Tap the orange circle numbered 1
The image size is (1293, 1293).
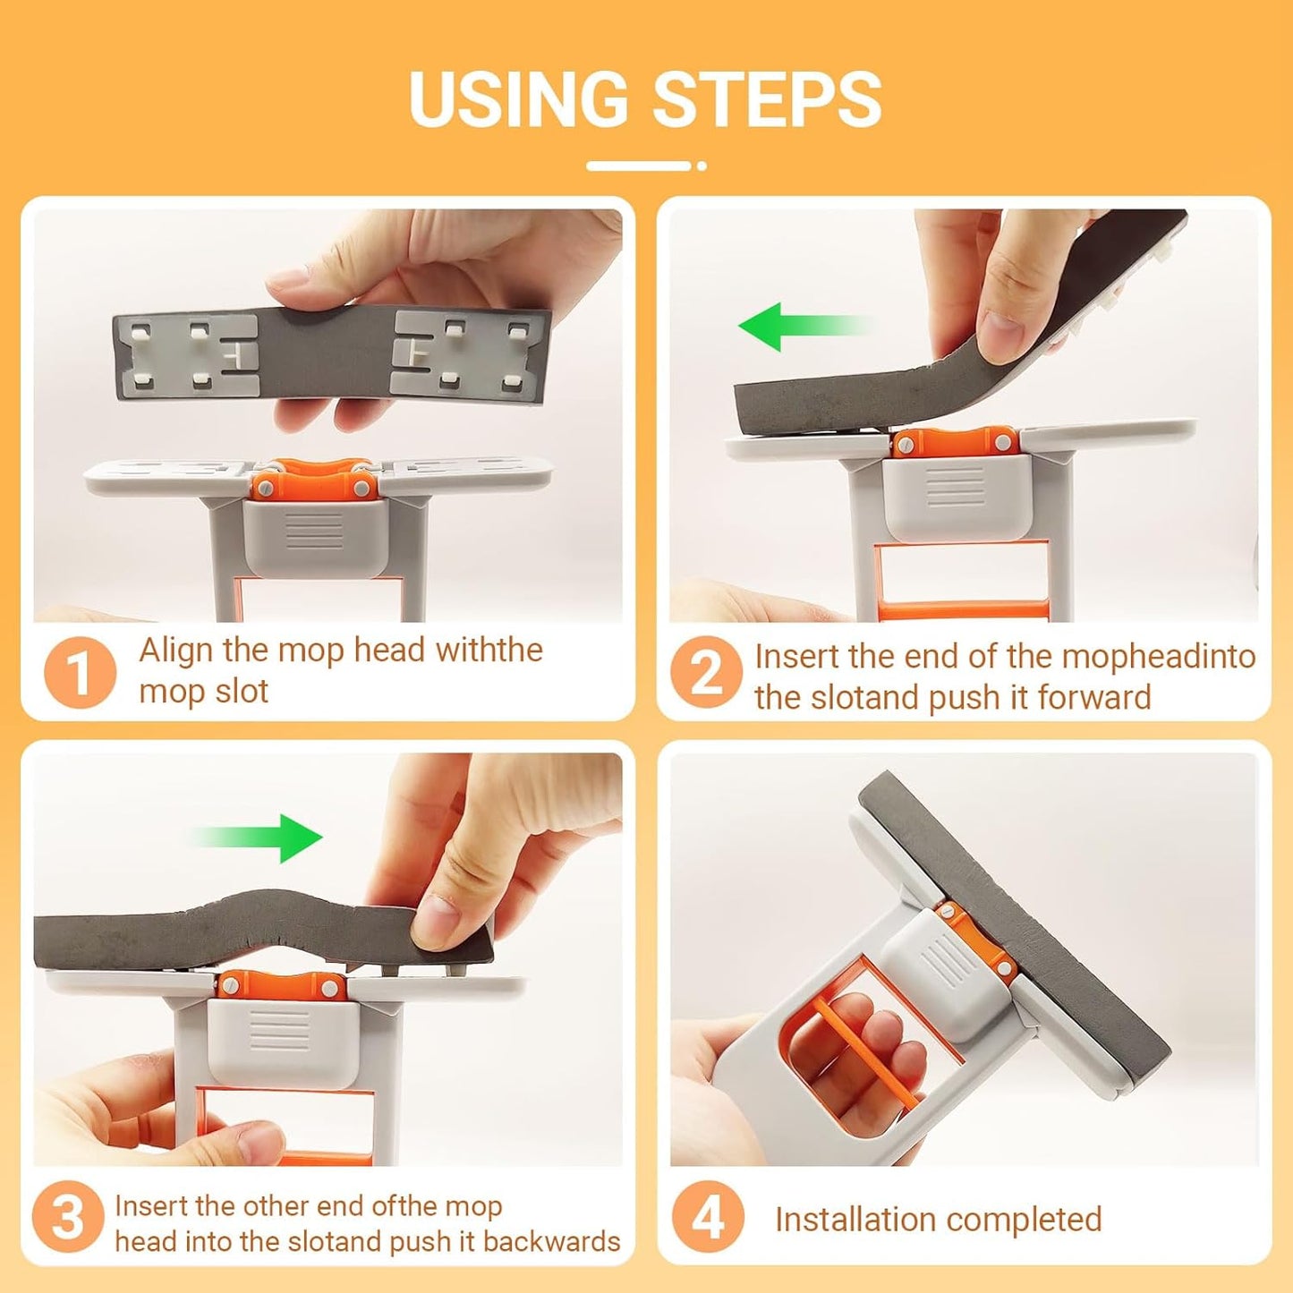[80, 672]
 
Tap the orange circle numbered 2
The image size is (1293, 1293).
[706, 672]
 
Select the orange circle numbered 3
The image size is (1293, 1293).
[68, 1217]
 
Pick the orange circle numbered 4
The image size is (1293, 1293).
[708, 1217]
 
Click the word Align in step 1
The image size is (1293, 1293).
[176, 651]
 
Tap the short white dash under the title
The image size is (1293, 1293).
[638, 166]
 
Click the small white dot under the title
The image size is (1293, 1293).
[702, 166]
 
